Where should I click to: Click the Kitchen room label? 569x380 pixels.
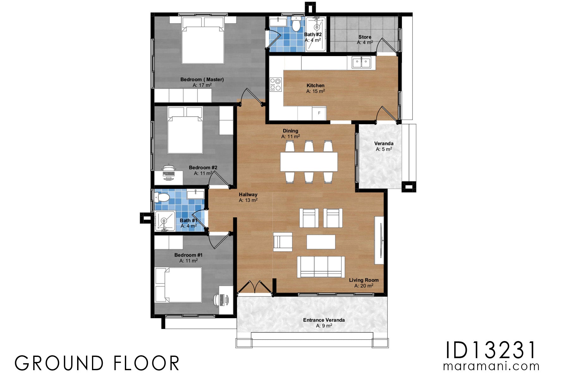tap(315, 85)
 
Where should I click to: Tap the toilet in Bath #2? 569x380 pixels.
tap(296, 25)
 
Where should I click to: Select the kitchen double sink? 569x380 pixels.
tap(361, 62)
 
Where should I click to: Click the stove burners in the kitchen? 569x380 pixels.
tap(275, 84)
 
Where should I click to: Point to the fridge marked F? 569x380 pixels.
tap(319, 113)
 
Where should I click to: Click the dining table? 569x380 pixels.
tap(309, 162)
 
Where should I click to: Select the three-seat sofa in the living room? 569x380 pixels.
tap(321, 267)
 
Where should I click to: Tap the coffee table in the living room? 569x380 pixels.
tap(321, 242)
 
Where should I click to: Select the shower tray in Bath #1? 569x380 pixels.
tap(164, 221)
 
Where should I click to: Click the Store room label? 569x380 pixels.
tap(364, 37)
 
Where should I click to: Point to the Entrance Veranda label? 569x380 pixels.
tap(324, 320)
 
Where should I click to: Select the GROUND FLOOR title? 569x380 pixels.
tap(97, 363)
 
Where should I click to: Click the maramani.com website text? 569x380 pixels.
tap(491, 366)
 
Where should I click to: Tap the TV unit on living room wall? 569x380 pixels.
tap(379, 240)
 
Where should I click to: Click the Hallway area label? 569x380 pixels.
tap(248, 195)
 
